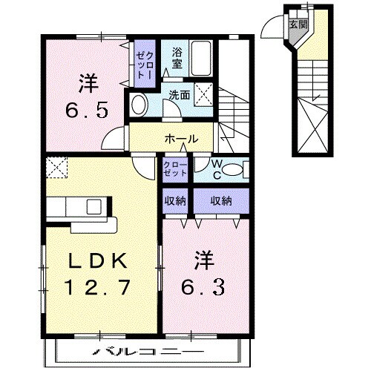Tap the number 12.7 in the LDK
[101, 286]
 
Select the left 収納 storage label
[176, 200]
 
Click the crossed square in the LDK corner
[56, 167]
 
